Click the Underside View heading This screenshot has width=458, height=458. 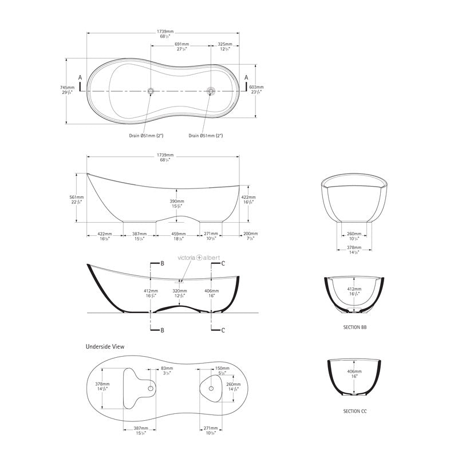(x=105, y=346)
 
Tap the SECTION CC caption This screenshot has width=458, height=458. (x=351, y=411)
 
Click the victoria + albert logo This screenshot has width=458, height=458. (x=199, y=258)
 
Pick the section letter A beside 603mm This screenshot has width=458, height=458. (x=247, y=77)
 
